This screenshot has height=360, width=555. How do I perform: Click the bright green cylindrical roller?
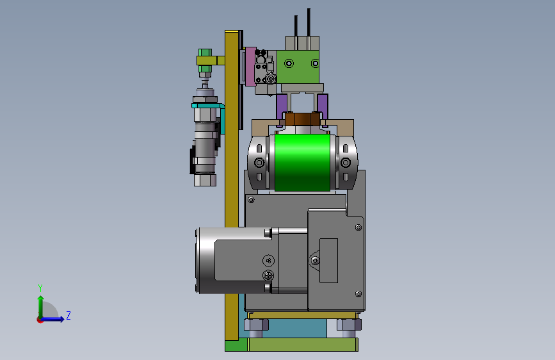click(302, 162)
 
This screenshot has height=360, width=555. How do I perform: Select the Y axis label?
click(40, 288)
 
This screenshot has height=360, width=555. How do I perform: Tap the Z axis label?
click(68, 315)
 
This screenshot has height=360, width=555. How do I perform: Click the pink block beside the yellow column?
click(250, 67)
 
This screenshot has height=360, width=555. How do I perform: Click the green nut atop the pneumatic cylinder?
click(205, 53)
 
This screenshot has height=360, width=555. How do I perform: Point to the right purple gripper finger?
click(323, 106)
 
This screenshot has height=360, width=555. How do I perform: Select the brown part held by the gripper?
click(303, 119)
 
